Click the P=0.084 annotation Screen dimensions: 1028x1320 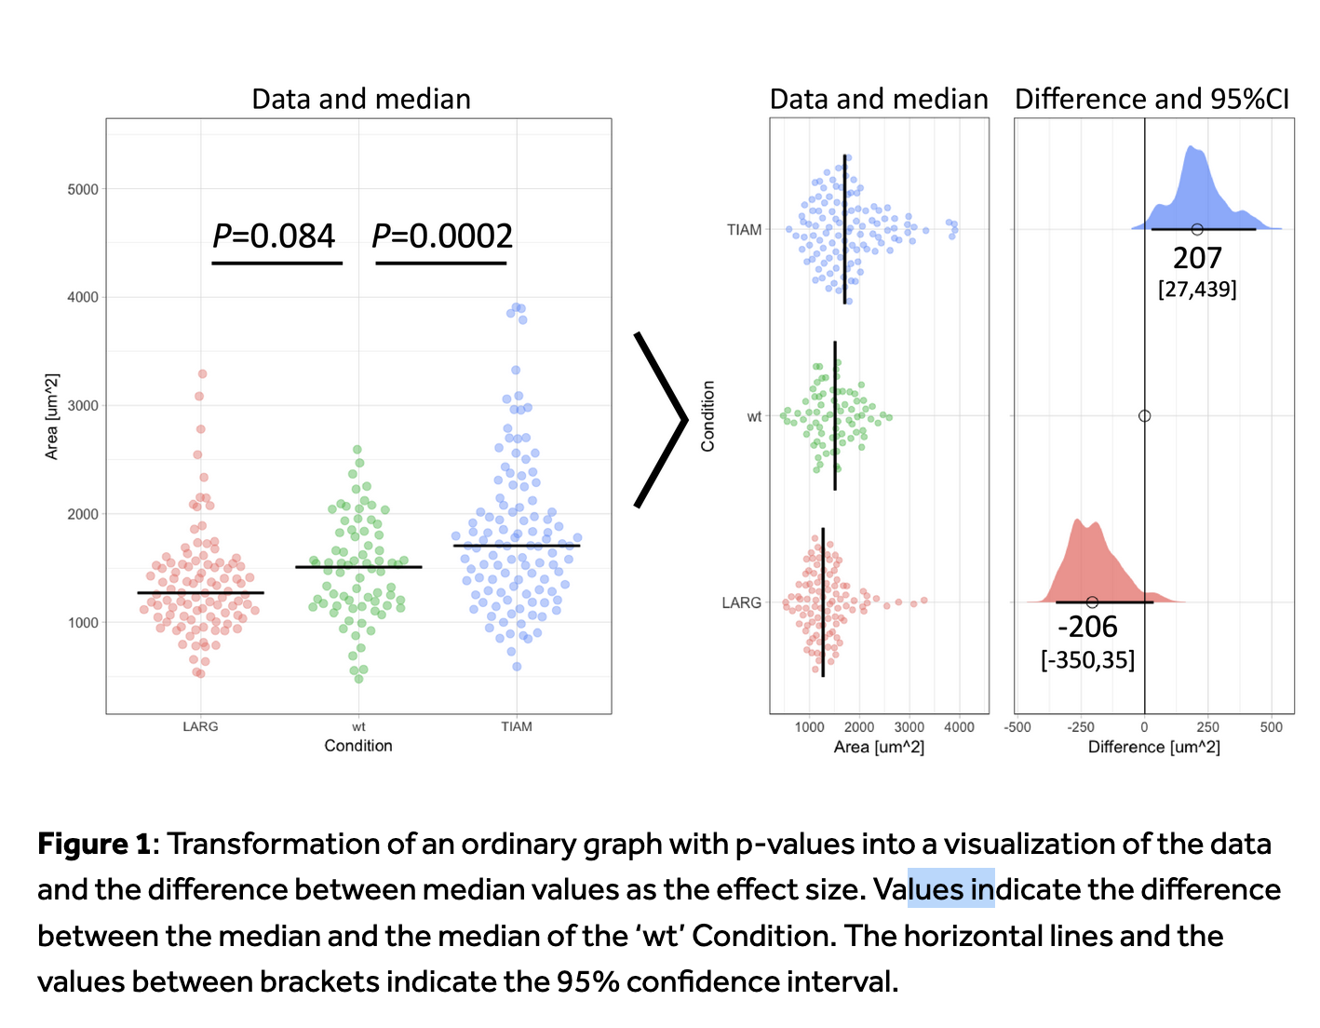click(x=274, y=237)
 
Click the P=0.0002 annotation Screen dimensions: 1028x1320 click(x=442, y=237)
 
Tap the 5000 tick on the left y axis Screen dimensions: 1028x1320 click(x=83, y=189)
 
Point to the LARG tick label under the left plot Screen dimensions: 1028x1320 click(x=200, y=726)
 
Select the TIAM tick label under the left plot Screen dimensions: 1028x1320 click(x=517, y=726)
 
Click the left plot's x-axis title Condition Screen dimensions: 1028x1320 click(x=358, y=746)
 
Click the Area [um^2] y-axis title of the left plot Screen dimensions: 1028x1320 click(x=52, y=416)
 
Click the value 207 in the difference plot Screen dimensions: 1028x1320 click(x=1197, y=258)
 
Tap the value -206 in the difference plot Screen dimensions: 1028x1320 click(x=1087, y=628)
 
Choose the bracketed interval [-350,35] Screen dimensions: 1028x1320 click(x=1087, y=660)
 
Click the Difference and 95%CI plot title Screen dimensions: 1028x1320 click(x=1152, y=100)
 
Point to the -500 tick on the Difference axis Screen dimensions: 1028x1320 click(x=1017, y=727)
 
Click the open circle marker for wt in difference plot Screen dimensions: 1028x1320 click(x=1145, y=416)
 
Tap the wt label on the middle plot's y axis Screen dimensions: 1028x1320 click(x=754, y=416)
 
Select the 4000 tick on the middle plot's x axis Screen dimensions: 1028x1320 click(x=960, y=727)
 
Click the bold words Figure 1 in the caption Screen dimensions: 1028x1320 click(x=94, y=845)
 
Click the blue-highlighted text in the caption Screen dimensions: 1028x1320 click(x=951, y=889)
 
